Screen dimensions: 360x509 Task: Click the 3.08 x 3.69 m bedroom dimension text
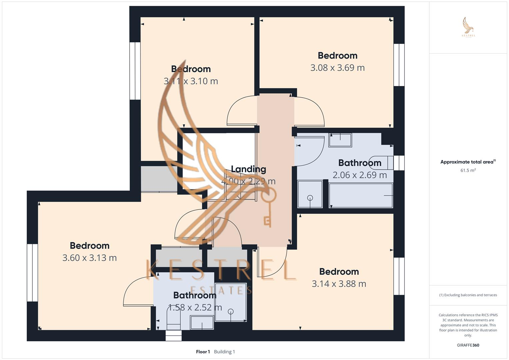337,68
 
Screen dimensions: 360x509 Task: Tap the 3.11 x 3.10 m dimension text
191,81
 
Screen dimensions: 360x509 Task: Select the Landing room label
248,169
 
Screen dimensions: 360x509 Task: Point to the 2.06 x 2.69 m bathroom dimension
360,175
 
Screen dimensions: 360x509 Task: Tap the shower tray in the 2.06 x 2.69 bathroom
310,194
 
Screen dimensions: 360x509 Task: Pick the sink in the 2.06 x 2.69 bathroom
340,140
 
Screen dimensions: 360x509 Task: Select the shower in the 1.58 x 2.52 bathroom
231,302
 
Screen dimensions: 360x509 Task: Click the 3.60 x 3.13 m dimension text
89,258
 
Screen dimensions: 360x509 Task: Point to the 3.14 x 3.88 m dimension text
339,284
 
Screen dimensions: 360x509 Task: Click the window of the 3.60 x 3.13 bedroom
32,273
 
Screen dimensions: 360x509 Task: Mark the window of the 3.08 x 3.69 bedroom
399,65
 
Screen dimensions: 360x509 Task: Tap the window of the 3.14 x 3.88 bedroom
399,276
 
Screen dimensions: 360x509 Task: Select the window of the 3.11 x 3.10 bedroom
135,71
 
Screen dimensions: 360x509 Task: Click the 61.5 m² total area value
468,170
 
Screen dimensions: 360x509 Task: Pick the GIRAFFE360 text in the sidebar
468,345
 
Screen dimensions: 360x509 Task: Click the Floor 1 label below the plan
203,352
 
